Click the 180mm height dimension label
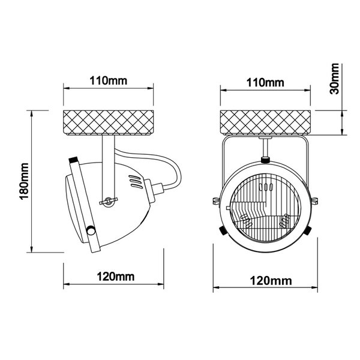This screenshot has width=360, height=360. [25, 181]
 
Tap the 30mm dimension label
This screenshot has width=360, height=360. [334, 79]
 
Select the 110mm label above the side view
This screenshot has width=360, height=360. [108, 81]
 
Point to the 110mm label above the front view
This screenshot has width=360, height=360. [265, 82]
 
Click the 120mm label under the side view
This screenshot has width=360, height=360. [115, 277]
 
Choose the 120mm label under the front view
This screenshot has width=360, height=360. [271, 281]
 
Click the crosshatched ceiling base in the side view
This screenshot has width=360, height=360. [109, 123]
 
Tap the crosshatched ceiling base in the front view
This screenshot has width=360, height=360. [266, 123]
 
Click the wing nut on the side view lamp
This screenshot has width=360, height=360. [108, 202]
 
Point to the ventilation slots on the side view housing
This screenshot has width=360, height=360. [136, 182]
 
